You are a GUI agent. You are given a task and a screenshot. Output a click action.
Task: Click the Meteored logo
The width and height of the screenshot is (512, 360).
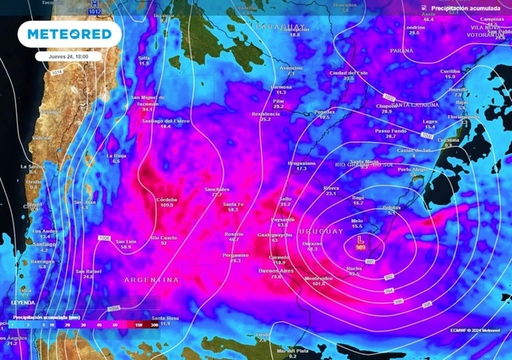click(x=69, y=34)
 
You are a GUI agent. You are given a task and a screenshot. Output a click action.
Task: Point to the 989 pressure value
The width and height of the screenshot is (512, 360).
click(x=361, y=248)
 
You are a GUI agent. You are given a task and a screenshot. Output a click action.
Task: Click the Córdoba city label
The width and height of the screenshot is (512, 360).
click(x=166, y=200)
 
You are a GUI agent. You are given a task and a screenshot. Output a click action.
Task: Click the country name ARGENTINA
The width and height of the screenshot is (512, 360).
click(x=151, y=279)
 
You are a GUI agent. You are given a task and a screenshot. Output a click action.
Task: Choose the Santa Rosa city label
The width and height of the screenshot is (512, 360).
click(x=165, y=319)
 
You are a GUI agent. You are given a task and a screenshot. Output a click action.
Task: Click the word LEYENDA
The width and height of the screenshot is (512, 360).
click(x=23, y=302)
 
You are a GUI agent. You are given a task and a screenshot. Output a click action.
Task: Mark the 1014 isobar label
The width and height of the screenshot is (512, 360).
click(x=57, y=73)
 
